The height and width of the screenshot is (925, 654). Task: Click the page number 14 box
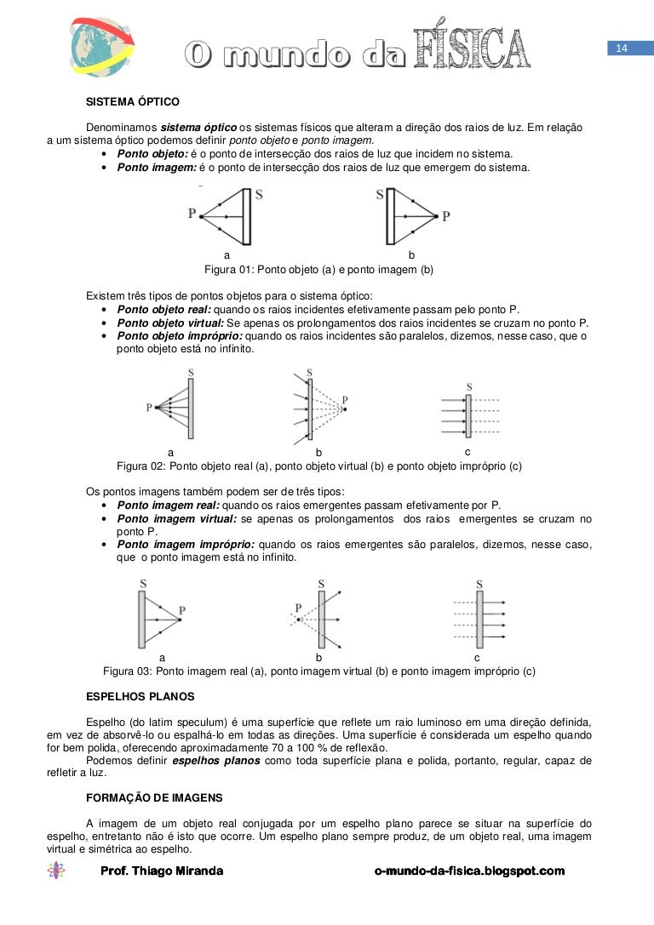[621, 49]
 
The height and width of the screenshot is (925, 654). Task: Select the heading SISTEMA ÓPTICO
[133, 102]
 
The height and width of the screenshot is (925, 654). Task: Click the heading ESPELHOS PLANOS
[141, 696]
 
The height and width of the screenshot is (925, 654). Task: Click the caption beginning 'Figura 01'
[319, 270]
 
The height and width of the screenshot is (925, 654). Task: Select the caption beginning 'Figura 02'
[318, 466]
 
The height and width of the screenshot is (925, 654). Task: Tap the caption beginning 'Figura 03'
[319, 671]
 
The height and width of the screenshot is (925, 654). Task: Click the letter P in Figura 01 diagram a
[192, 213]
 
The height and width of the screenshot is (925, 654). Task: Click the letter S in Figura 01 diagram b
[380, 194]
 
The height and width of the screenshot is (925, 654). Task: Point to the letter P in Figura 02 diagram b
[344, 400]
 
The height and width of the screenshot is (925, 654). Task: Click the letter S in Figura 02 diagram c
[468, 387]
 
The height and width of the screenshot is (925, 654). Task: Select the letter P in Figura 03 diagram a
[182, 610]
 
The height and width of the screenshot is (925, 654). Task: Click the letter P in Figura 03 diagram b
[298, 608]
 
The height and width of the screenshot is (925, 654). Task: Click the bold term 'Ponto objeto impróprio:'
[180, 336]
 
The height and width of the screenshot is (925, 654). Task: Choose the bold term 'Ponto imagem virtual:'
[177, 519]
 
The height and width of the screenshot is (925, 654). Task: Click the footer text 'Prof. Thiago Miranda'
[162, 871]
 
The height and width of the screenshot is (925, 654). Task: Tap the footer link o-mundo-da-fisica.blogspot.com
[469, 871]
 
